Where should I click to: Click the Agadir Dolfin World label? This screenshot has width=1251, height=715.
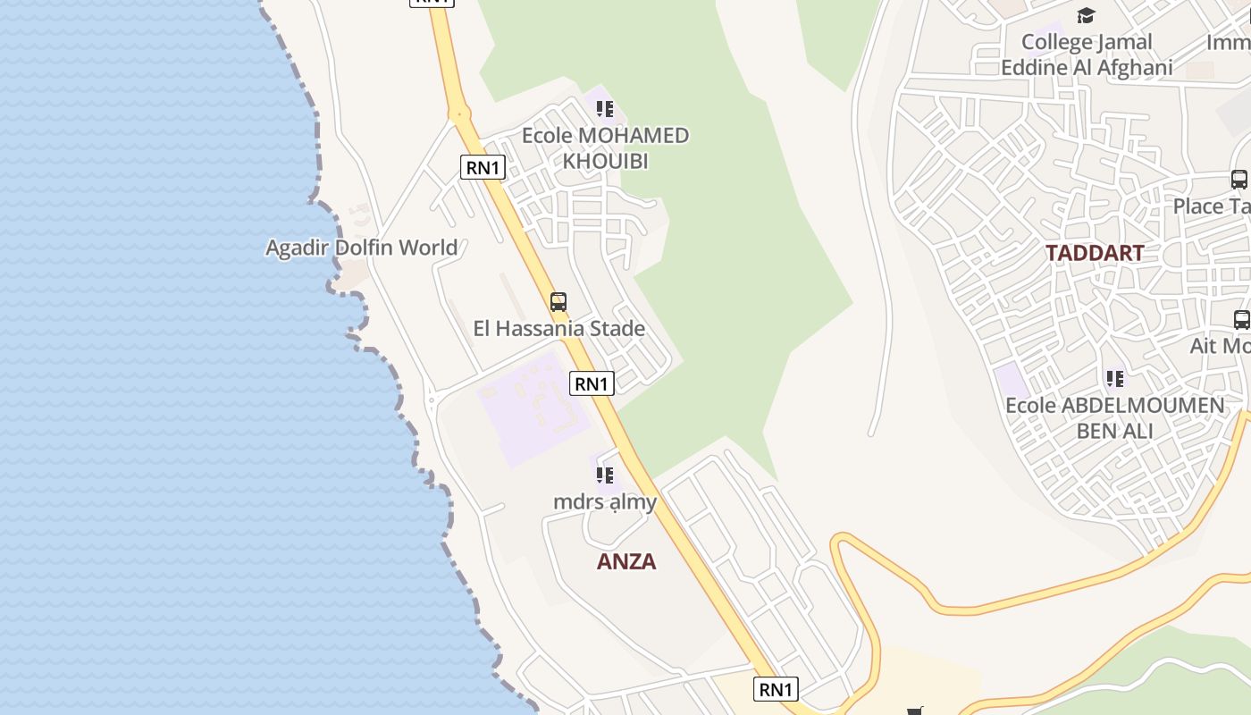(x=361, y=248)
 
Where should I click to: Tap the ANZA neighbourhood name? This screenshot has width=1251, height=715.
(x=626, y=561)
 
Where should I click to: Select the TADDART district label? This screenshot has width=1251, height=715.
(x=1095, y=253)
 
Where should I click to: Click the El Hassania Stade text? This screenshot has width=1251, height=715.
(x=559, y=329)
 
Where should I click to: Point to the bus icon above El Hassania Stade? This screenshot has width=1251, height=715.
(x=558, y=302)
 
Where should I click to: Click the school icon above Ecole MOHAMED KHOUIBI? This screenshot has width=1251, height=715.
(x=605, y=109)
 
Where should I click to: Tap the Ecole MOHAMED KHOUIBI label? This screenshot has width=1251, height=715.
(x=605, y=148)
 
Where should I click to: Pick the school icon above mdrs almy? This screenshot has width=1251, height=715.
(x=605, y=475)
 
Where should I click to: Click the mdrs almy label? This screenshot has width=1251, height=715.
(x=605, y=502)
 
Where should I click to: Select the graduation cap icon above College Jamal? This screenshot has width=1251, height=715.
(x=1086, y=15)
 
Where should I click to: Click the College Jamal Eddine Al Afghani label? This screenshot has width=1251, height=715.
(x=1087, y=55)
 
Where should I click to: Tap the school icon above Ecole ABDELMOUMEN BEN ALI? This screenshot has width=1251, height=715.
(x=1115, y=379)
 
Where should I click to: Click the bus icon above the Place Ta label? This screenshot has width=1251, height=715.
(x=1239, y=179)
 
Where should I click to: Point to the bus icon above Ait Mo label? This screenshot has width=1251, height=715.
(x=1241, y=319)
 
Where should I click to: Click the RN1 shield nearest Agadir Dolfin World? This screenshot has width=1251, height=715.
(x=483, y=167)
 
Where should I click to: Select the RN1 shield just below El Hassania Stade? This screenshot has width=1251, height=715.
(x=592, y=383)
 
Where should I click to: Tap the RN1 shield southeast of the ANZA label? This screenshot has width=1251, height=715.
(x=776, y=689)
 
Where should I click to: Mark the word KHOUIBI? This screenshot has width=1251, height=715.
(x=605, y=162)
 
